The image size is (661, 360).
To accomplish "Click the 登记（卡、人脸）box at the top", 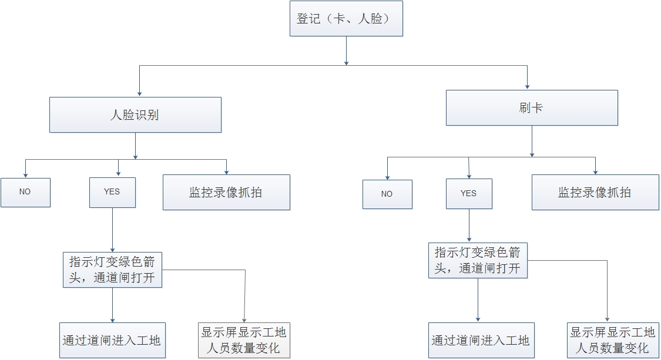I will pos(346,19).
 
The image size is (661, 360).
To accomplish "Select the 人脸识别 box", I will pos(135,115).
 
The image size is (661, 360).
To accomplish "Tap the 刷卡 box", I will pos(532,107).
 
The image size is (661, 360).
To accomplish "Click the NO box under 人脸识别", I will pos(25,192).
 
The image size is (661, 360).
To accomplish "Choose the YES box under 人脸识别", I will pos(112,192).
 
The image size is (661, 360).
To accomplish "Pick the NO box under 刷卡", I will pos(387,194).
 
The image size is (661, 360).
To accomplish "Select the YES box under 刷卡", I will pos(469,194).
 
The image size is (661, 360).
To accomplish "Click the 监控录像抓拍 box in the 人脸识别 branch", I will pos(226,192).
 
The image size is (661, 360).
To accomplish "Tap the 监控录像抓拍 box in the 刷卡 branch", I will pos(595,192).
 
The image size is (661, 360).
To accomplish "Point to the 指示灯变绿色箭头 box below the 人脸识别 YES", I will pos(112,270).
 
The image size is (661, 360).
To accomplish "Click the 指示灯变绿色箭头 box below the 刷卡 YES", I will pos(478,261).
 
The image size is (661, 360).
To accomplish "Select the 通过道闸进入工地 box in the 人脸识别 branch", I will pos(112,341).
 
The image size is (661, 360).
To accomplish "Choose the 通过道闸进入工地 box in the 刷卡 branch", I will pos(481,341).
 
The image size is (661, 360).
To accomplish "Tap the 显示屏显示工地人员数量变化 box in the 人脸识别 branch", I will pos(244,341).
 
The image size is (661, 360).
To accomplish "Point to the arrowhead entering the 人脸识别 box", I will pos(139,93).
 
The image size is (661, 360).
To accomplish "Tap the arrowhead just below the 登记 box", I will pos(346,61).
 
